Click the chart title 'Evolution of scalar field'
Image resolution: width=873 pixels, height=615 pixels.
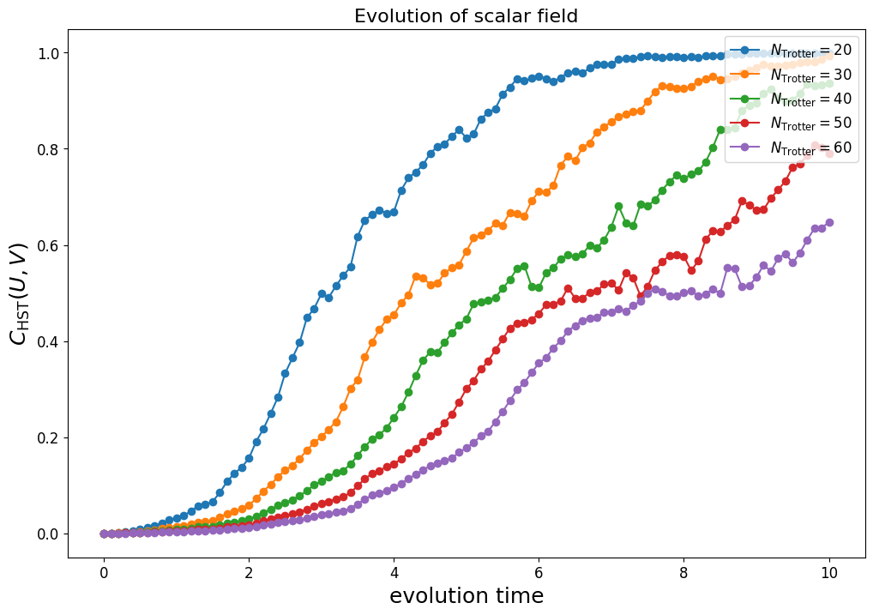coord(466,16)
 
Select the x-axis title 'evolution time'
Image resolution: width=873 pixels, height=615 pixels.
coord(466,595)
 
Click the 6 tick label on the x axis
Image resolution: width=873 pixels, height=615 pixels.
coord(539,572)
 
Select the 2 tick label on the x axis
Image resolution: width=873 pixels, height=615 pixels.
coord(249,572)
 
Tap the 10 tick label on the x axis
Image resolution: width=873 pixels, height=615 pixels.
coord(828,572)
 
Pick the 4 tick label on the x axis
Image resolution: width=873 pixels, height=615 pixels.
coord(394,572)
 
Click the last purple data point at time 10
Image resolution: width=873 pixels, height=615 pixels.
coord(829,222)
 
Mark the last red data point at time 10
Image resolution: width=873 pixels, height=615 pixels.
coord(829,154)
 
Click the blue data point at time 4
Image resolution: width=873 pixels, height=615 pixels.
coord(394,212)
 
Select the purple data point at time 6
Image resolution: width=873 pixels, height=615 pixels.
coord(539,364)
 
